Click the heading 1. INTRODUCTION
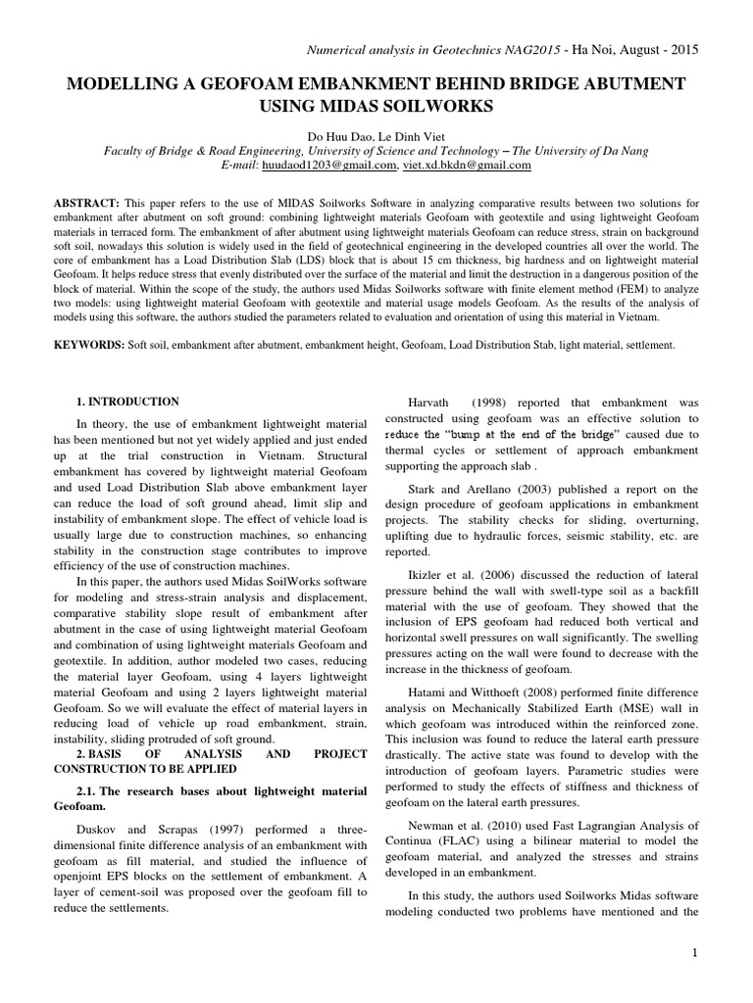[x=127, y=402]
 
